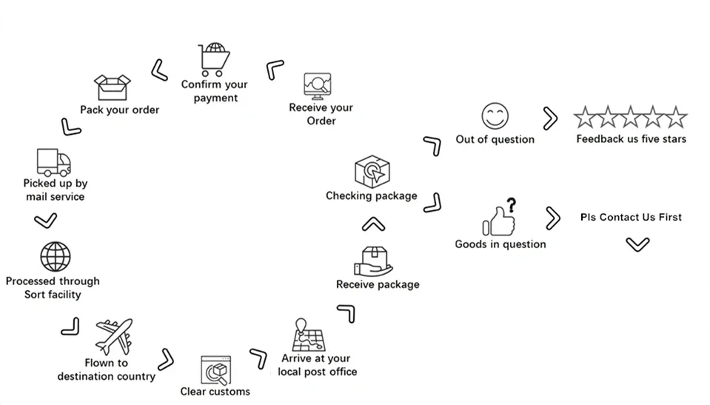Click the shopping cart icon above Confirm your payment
click(214, 60)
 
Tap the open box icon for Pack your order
click(112, 87)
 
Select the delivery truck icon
click(54, 162)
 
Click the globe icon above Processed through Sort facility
click(56, 257)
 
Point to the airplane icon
click(114, 336)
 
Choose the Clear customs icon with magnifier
click(215, 370)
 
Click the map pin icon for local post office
click(309, 335)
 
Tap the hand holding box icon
click(373, 262)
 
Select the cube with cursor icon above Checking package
click(372, 172)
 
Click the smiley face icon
click(495, 116)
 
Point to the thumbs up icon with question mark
click(500, 217)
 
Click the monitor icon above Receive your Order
click(318, 86)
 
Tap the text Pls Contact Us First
click(631, 218)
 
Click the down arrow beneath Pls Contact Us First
click(637, 245)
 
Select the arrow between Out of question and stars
click(551, 118)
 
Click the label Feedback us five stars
click(632, 139)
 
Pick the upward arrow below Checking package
click(374, 224)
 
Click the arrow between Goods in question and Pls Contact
click(553, 218)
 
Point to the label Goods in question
click(500, 244)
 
